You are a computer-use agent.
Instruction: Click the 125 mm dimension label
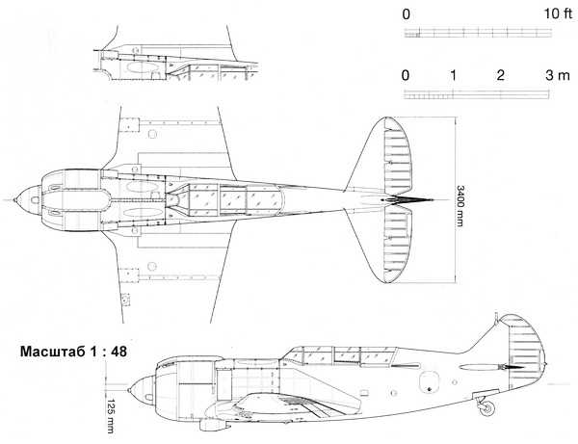110,416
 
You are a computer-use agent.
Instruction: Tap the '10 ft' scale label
558,14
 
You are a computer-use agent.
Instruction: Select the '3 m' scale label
558,75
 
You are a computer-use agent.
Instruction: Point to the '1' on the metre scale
453,75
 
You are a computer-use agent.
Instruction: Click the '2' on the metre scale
500,75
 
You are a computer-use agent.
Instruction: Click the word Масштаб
50,352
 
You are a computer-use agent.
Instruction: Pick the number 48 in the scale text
118,352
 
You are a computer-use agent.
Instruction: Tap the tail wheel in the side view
487,408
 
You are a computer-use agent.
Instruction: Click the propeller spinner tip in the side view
129,390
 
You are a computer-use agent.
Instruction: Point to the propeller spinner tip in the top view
14,200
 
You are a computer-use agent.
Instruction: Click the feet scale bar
478,33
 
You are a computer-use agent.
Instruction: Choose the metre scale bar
477,94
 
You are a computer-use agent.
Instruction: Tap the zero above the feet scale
406,14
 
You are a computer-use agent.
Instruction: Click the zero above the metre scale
406,75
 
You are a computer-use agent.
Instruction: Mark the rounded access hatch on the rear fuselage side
429,381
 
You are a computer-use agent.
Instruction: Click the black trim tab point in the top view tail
413,200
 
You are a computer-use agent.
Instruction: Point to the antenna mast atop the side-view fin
496,318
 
